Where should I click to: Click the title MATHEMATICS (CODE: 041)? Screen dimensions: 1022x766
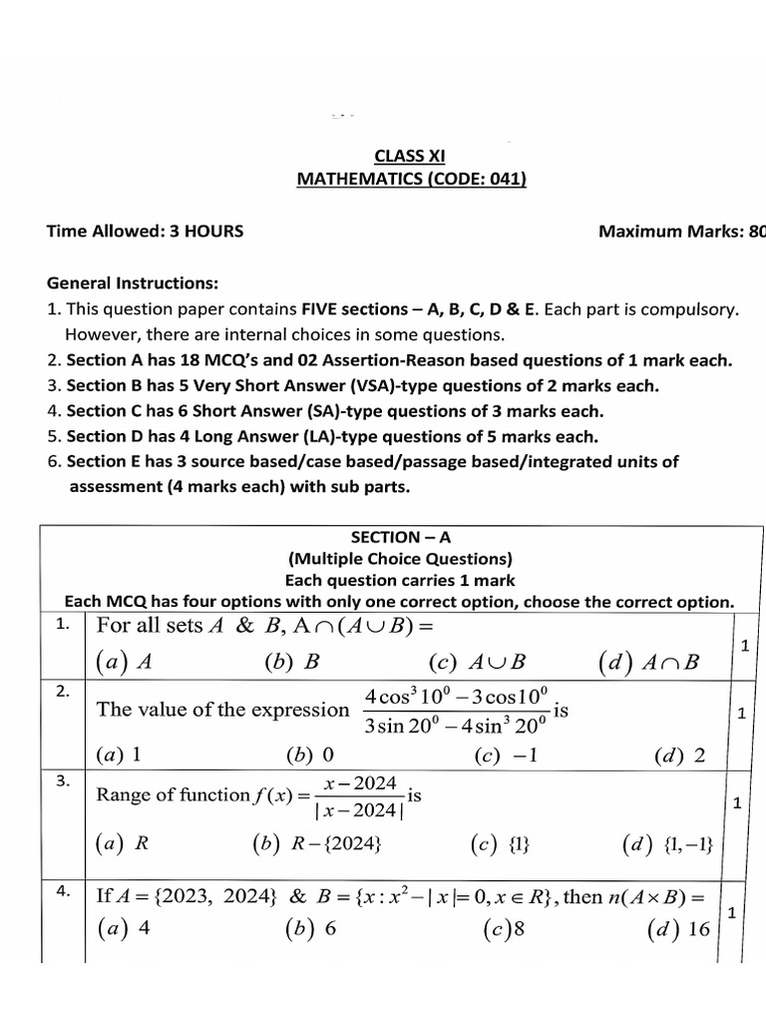(411, 179)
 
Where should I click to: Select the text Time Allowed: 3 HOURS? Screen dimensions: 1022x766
(145, 232)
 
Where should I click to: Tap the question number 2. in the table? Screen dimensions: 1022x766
(63, 691)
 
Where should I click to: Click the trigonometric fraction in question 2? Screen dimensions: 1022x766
(458, 710)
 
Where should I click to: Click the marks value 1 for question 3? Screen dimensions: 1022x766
(736, 802)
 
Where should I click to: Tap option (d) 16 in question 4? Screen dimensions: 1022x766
(678, 928)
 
